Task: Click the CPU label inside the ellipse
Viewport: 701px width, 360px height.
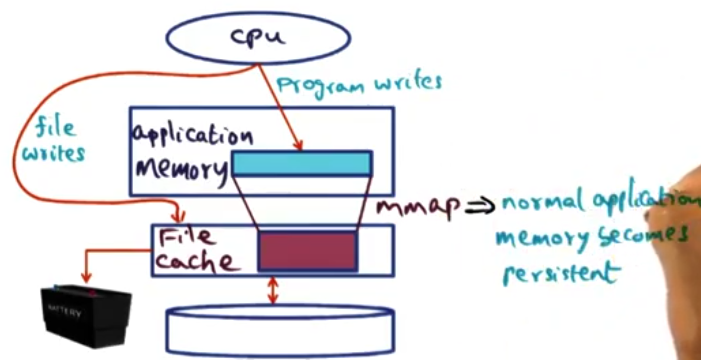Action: tap(258, 37)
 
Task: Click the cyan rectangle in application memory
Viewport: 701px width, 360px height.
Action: tap(301, 163)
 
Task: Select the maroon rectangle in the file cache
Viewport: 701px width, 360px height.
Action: tap(307, 251)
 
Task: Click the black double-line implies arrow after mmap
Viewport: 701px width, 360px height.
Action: tap(480, 206)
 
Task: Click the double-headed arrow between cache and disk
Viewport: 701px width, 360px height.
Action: tap(273, 291)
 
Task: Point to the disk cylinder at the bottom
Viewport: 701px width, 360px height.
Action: tap(280, 331)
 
